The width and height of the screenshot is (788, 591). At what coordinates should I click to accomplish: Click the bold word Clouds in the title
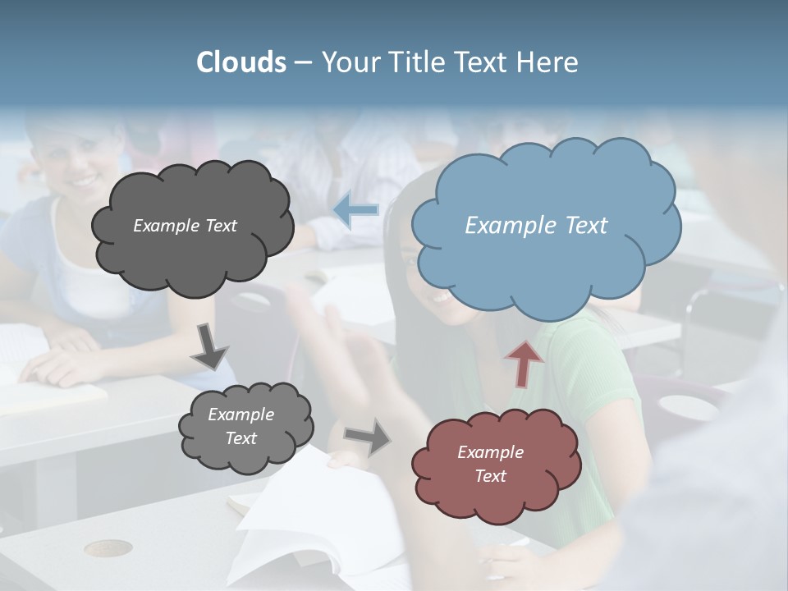click(x=241, y=62)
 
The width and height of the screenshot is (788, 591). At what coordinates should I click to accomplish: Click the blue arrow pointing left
click(x=355, y=210)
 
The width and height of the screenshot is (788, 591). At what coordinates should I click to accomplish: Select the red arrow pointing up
click(x=525, y=362)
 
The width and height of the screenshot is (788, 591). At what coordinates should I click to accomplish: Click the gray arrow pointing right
click(x=367, y=436)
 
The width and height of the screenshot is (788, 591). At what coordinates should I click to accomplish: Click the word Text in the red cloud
click(x=490, y=476)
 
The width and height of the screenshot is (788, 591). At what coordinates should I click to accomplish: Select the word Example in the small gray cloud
click(x=241, y=415)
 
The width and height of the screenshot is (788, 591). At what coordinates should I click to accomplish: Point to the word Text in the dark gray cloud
click(x=219, y=225)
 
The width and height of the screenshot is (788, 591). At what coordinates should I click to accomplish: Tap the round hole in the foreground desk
click(x=108, y=547)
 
